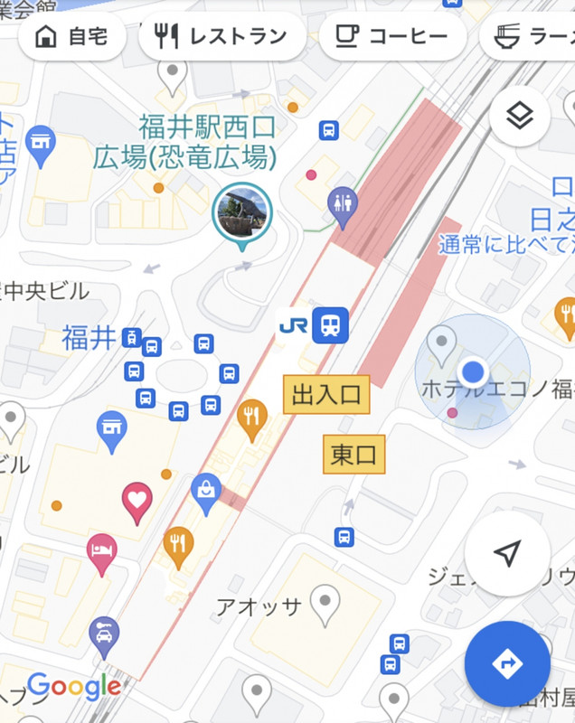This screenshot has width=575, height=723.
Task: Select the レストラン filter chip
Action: click(x=222, y=37)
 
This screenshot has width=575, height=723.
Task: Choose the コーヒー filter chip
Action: click(x=392, y=37)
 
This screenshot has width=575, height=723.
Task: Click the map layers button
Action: click(x=519, y=116)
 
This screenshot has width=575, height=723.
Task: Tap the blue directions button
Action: click(x=507, y=663)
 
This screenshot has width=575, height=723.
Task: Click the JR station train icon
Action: click(x=331, y=324)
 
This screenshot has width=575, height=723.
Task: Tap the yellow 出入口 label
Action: click(x=326, y=395)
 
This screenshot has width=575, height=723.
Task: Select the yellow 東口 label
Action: click(x=353, y=454)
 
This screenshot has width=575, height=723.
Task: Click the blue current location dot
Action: click(x=473, y=371)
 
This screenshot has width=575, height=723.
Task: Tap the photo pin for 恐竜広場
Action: click(x=241, y=212)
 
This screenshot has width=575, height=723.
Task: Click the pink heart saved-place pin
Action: click(x=137, y=500)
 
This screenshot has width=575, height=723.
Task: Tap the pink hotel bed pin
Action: click(x=101, y=551)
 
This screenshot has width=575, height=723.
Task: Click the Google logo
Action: click(x=74, y=688)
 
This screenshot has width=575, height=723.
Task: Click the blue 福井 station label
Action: click(x=89, y=338)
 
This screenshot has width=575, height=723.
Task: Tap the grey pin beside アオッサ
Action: click(x=325, y=602)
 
